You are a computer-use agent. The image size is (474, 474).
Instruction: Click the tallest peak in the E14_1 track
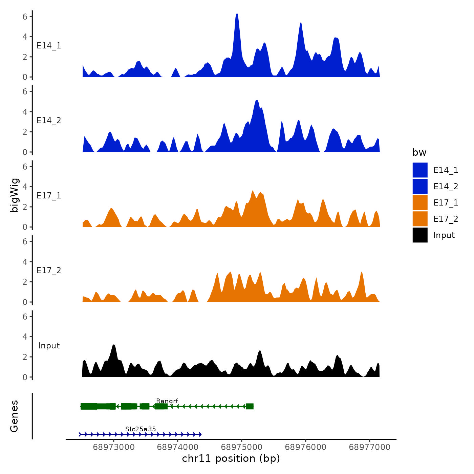(x=237, y=15)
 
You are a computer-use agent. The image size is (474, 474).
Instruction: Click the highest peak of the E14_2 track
(x=257, y=101)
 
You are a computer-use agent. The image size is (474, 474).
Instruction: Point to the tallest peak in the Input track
(x=114, y=346)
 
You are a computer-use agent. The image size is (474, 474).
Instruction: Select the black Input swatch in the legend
(x=420, y=235)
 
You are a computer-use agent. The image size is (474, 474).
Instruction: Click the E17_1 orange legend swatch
(x=420, y=202)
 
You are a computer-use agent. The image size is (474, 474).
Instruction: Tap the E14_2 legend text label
(x=446, y=187)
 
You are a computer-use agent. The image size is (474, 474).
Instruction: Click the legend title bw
(x=419, y=152)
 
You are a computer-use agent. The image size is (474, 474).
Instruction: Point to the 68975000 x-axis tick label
(x=242, y=447)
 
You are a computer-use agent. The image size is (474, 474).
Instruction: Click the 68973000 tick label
(x=114, y=447)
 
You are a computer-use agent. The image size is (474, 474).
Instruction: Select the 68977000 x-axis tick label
(x=369, y=447)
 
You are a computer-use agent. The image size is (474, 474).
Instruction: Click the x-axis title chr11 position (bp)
(x=231, y=458)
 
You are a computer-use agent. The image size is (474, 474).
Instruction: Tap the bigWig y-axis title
(x=15, y=195)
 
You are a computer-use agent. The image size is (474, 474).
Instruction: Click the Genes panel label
(x=14, y=416)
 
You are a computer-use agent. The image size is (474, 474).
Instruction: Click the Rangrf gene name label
(x=167, y=401)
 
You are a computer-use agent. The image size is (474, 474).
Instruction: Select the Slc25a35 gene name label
(x=141, y=429)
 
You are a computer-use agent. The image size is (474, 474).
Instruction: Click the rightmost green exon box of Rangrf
(x=250, y=406)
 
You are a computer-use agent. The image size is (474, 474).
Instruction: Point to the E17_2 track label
(x=49, y=271)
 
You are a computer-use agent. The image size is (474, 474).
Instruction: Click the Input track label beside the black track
(x=49, y=346)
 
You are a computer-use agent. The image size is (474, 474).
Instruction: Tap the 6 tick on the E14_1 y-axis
(x=25, y=16)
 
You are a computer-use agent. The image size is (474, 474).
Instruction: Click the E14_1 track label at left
(x=49, y=46)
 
